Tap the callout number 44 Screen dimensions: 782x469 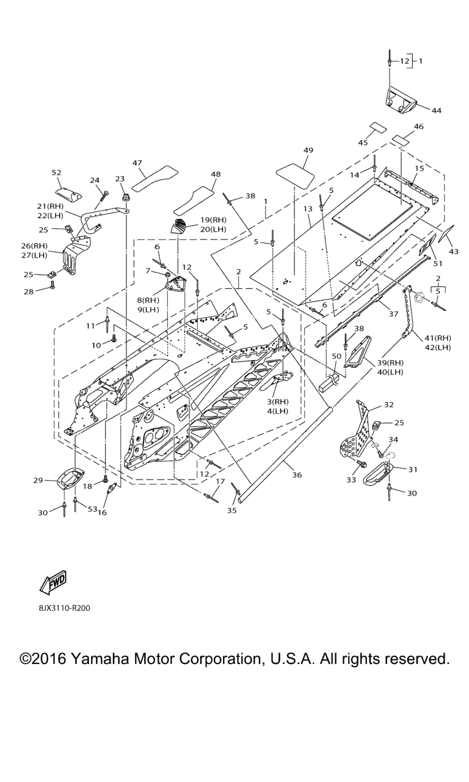tap(436, 111)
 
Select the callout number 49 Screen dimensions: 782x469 tap(308, 150)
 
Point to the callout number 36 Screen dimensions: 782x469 tap(297, 475)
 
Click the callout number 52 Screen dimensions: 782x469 tap(56, 173)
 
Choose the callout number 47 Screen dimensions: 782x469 tap(137, 163)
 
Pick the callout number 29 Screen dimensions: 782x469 tap(38, 481)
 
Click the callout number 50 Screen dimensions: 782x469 tap(336, 356)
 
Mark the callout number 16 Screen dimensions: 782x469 tap(102, 513)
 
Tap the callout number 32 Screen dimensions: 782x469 tap(388, 405)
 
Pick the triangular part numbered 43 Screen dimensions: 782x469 tap(446, 234)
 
